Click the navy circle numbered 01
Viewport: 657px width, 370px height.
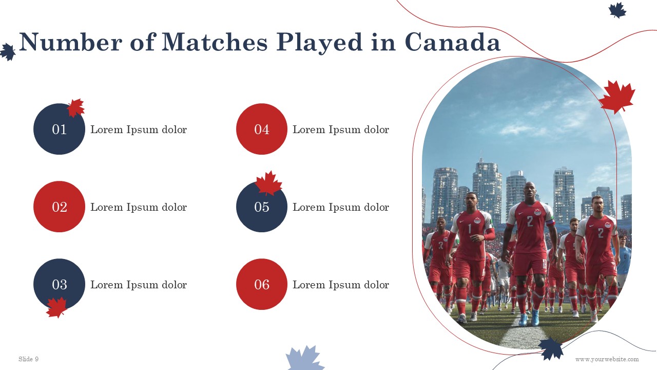(x=59, y=129)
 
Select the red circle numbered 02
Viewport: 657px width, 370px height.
(x=59, y=207)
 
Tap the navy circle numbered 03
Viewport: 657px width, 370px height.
(x=59, y=284)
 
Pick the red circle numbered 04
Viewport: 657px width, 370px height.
(x=262, y=129)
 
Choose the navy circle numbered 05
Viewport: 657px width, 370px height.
(x=262, y=207)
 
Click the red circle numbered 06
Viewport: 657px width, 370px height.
(x=262, y=284)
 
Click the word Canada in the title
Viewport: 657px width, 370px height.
(x=453, y=42)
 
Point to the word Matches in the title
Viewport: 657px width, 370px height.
(x=215, y=42)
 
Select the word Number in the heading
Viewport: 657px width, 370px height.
(x=71, y=42)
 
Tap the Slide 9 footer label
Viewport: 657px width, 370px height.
(x=28, y=359)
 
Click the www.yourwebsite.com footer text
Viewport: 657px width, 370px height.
(x=607, y=359)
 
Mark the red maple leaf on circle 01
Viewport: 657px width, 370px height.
(x=76, y=107)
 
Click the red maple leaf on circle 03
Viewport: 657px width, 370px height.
(x=56, y=307)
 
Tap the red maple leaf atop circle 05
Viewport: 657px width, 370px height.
(x=268, y=183)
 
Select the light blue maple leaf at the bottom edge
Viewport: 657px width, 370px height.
(x=305, y=358)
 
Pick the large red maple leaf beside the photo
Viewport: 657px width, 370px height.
(x=617, y=97)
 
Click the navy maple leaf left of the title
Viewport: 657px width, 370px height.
(x=8, y=52)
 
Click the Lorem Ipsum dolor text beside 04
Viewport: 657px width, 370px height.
(x=341, y=129)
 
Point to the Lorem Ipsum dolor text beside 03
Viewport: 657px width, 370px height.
(x=139, y=285)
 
